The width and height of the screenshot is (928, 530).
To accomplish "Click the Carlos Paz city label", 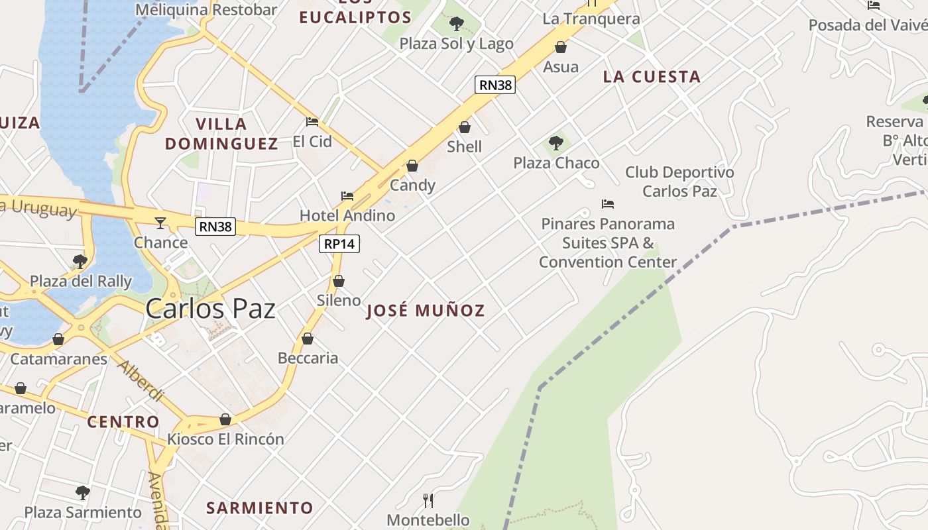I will (210, 309).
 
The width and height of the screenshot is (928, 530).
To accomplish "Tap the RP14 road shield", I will (339, 244).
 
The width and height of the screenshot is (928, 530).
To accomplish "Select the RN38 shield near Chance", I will (215, 227).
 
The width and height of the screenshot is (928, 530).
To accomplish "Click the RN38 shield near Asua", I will (495, 85).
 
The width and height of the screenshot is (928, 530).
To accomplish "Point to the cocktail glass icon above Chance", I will (160, 223).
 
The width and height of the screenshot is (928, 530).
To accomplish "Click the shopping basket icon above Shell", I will (465, 127).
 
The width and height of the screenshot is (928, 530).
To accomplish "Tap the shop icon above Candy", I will (412, 166).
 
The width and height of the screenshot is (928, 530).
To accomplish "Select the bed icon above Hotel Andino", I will (347, 196).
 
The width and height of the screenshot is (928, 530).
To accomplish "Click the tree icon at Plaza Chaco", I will (556, 142).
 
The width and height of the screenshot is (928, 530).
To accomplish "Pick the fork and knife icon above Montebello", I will (428, 500).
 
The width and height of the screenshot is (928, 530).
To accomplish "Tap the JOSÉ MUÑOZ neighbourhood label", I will (426, 311).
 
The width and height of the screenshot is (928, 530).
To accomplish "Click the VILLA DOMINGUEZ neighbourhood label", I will (221, 133).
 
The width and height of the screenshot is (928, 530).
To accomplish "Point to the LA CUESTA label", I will (651, 77).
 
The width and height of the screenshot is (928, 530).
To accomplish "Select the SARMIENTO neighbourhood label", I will (259, 508).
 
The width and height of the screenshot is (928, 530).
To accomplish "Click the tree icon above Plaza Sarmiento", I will (83, 492).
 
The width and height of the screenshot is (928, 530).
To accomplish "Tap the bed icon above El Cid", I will (312, 122).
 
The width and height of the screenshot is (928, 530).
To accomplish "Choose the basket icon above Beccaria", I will (308, 339).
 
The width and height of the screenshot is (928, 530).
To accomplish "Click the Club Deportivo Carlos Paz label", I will (679, 182).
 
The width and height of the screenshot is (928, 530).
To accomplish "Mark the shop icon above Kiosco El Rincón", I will (225, 419).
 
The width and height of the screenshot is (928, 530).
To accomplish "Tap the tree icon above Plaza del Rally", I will (80, 261).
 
